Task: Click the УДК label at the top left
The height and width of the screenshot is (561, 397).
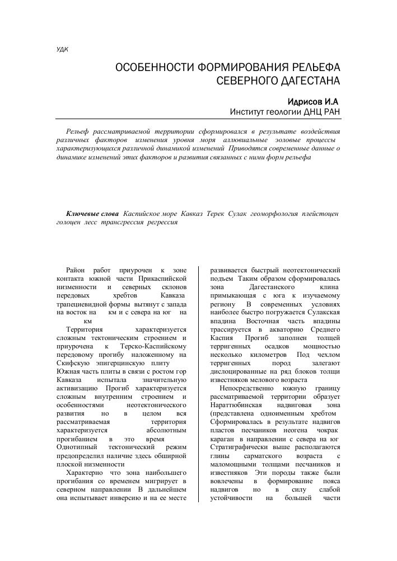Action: [63, 49]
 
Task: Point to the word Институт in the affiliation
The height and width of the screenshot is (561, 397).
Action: [250, 112]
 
